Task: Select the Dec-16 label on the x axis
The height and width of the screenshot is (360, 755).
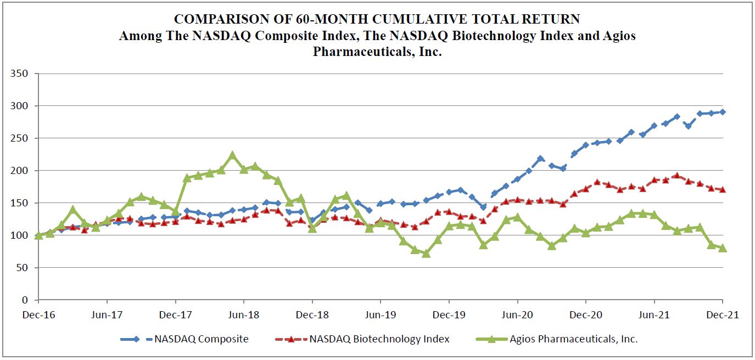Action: pos(38,315)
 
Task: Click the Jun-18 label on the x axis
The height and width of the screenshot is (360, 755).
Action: pos(243,315)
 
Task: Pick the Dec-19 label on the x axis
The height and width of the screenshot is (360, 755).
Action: pos(449,315)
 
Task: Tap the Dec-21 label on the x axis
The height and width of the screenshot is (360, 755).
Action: pos(722,315)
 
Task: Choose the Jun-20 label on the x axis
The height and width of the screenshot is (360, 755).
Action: pos(517,315)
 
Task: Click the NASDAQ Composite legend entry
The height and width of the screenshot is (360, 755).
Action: pos(201,339)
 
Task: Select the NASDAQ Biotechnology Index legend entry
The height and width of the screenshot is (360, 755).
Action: pos(379,339)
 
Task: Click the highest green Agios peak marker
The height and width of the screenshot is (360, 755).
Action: pos(232,155)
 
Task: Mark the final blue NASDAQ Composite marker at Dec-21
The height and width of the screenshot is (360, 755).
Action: pos(722,112)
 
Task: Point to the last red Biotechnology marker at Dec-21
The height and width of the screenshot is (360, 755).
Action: pos(722,189)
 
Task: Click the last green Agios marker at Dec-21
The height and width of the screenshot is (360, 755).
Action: pos(722,248)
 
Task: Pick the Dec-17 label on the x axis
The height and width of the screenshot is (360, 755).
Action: pos(175,315)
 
